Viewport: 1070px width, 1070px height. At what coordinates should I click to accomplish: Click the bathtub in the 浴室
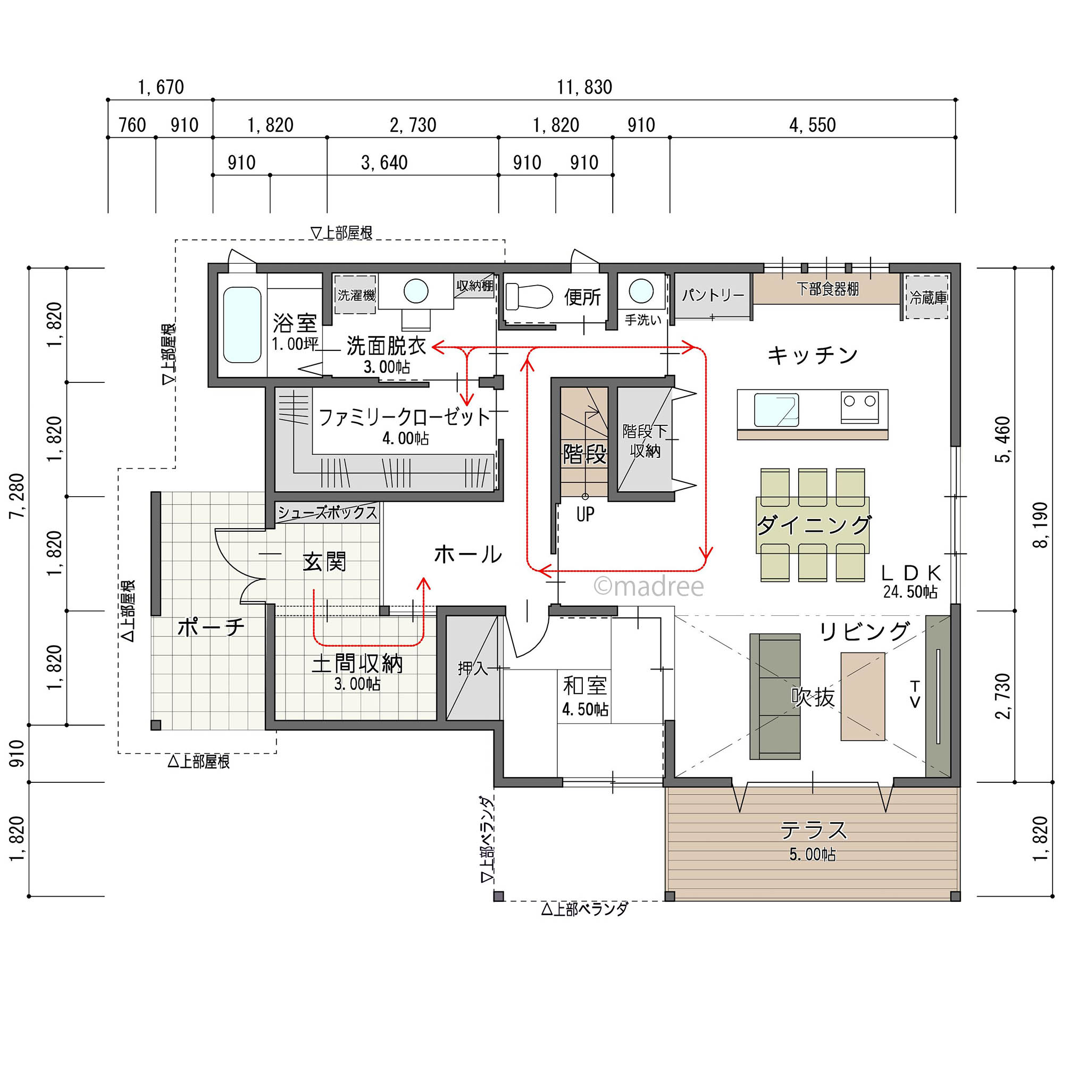242,325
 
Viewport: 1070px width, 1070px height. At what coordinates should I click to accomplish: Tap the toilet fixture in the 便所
529,296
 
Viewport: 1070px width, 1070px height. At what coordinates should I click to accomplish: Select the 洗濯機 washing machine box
356,295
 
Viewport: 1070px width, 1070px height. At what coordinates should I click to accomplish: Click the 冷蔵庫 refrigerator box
927,297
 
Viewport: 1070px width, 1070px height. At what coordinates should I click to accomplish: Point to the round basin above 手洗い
641,291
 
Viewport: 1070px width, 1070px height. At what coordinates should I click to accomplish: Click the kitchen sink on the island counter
776,410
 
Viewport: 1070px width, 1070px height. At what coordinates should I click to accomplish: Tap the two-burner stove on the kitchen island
859,407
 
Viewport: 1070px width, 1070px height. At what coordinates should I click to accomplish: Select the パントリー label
713,295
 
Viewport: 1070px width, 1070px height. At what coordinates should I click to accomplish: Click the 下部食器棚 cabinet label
827,289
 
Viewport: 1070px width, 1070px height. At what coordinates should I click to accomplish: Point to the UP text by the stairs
585,514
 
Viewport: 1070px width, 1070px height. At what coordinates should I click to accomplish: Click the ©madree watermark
648,587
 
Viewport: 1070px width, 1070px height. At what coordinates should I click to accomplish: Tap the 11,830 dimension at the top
584,87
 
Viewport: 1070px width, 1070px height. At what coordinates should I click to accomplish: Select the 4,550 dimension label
813,125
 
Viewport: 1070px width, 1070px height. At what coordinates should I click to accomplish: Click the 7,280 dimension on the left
17,496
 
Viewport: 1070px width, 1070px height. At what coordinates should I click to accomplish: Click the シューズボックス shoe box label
327,512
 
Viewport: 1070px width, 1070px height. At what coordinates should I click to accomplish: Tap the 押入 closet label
472,668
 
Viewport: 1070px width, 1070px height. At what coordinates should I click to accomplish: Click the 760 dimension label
132,125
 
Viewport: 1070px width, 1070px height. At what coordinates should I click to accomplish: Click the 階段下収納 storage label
645,441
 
